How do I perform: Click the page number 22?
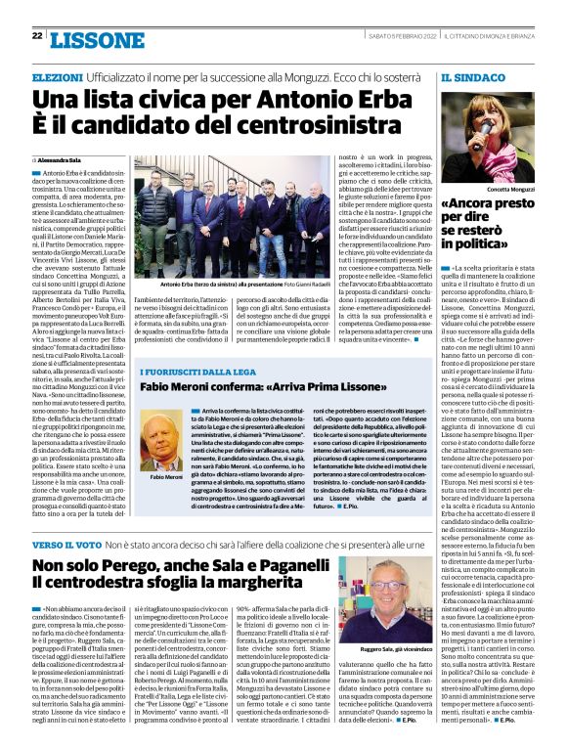point(36,36)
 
